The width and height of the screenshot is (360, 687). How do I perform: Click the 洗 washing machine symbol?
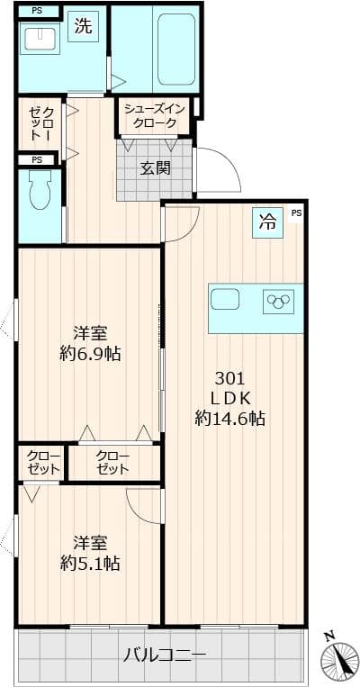point(83,27)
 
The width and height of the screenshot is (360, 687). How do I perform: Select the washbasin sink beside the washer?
point(39,40)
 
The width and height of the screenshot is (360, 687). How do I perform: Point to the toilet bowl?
point(40,192)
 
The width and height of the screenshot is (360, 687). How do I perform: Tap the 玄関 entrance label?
point(155,167)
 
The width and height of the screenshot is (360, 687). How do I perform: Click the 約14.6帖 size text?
point(229,418)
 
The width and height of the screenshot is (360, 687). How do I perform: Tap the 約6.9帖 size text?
point(90,354)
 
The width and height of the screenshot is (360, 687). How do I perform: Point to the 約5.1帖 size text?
point(90,565)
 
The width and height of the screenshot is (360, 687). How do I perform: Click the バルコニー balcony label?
point(165,655)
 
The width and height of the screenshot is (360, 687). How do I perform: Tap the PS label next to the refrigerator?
point(296,213)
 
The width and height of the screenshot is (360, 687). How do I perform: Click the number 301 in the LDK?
point(229,378)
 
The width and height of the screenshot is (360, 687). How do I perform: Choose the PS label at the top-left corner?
point(36,11)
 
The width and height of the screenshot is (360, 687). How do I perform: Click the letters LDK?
point(229,398)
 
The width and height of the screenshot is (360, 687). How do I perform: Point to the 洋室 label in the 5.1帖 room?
point(90,544)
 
